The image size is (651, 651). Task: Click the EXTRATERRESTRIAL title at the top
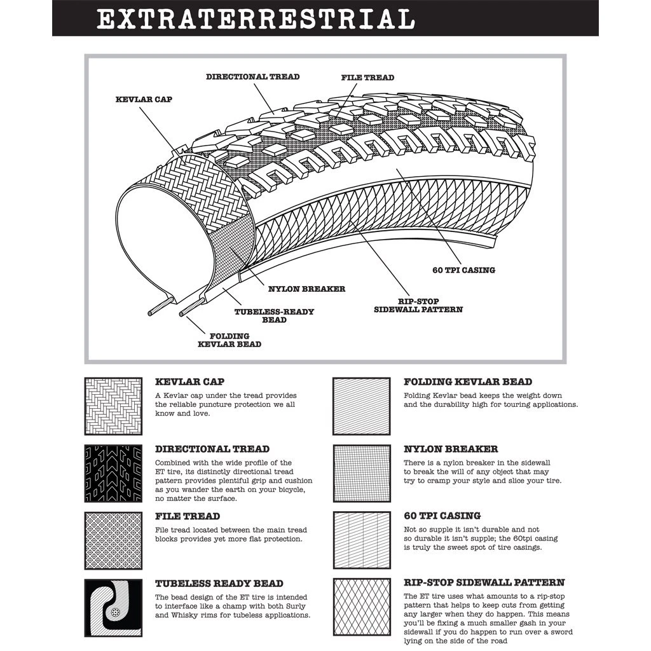point(256,18)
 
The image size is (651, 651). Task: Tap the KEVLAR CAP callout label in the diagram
point(144,100)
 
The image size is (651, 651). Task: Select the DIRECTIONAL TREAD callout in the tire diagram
point(252,77)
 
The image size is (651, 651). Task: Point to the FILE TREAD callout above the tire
point(367,78)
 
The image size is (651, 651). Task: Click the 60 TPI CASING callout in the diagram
point(463,270)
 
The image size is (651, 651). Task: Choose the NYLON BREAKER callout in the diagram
point(306,289)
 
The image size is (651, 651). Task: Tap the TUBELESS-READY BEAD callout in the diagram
point(274,316)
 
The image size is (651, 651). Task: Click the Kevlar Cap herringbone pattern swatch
point(113,406)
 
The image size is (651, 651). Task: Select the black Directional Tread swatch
point(113,473)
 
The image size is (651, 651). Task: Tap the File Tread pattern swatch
point(113,540)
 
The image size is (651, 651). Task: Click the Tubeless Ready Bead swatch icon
point(113,608)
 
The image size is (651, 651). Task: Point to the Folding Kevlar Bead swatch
point(362,406)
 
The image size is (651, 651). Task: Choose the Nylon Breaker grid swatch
point(362,473)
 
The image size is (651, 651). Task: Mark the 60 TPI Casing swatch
point(362,540)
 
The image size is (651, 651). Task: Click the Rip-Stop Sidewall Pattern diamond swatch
point(362,608)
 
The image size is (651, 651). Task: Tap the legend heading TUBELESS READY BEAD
point(219,584)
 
